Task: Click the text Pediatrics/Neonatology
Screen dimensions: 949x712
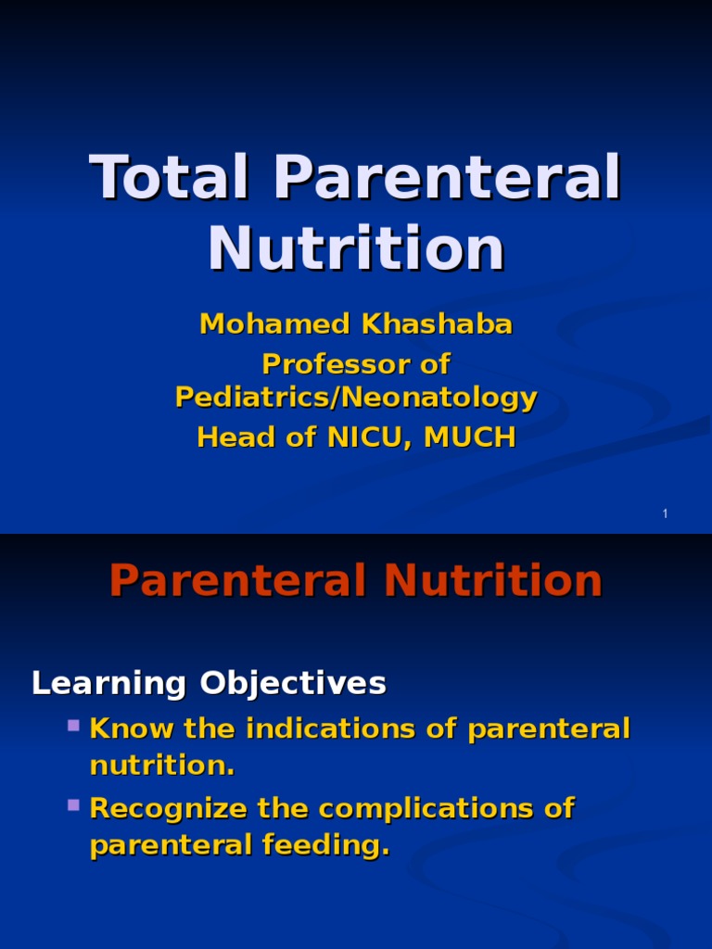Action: pos(356,398)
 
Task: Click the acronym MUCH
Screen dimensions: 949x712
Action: pos(469,437)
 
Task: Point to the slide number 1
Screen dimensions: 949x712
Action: pos(666,514)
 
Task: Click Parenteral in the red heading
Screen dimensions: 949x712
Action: pos(237,582)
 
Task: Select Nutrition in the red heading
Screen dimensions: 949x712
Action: pos(493,582)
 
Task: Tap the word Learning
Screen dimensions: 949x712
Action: pos(109,684)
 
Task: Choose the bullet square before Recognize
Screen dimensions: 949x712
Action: pos(74,804)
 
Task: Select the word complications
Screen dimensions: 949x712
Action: pos(427,809)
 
